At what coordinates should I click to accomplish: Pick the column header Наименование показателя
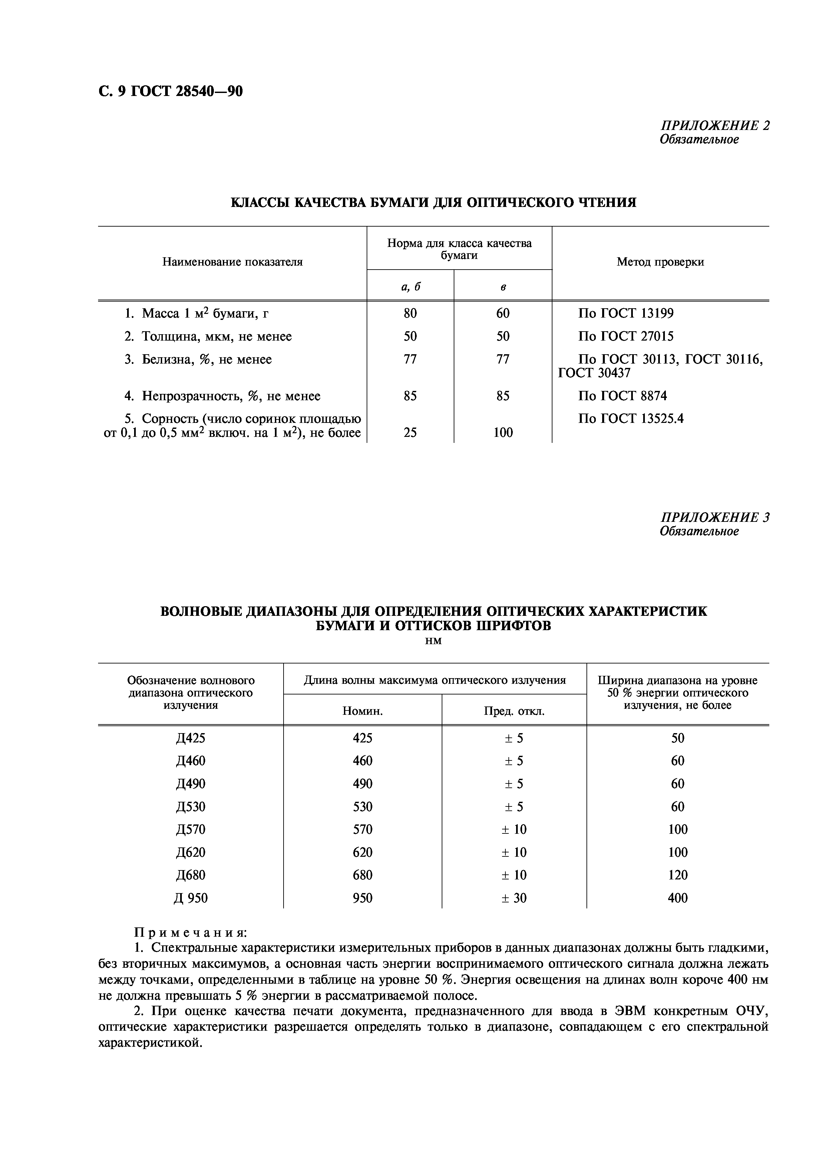(x=233, y=262)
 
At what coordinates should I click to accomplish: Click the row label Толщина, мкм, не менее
(x=217, y=337)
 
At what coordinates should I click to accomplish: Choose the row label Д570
(x=190, y=829)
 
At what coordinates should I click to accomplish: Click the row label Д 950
(x=190, y=898)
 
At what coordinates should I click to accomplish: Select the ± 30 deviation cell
(x=514, y=898)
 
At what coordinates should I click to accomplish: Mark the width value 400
(x=677, y=898)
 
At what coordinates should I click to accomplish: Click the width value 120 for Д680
(x=677, y=875)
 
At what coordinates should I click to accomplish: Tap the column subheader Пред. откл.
(x=514, y=711)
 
